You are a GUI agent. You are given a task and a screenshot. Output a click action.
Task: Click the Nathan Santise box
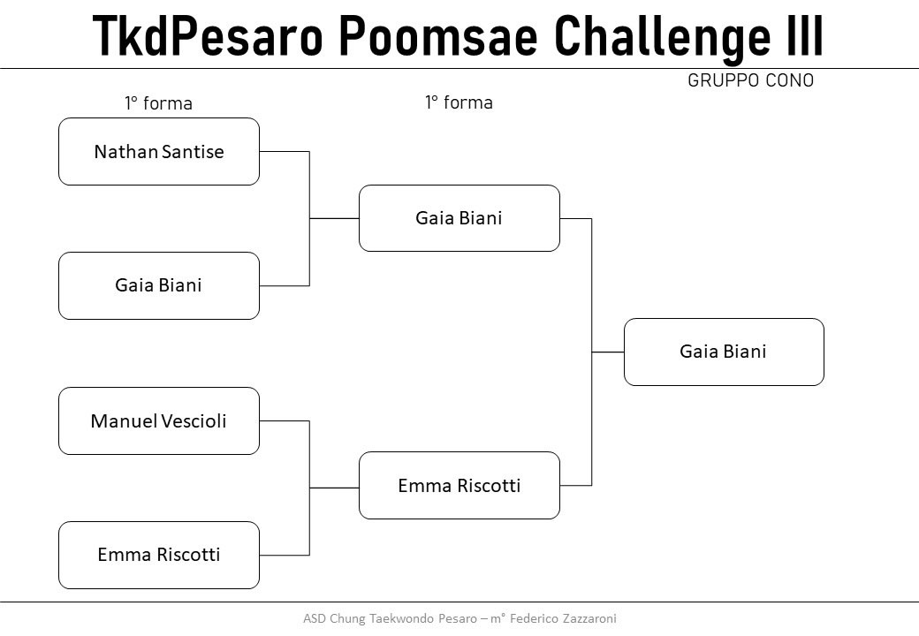click(x=159, y=152)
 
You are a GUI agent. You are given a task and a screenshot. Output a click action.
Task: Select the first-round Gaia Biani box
click(x=159, y=286)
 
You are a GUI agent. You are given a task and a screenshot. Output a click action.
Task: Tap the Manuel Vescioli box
click(x=159, y=420)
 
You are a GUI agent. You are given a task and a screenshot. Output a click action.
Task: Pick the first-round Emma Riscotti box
click(x=159, y=556)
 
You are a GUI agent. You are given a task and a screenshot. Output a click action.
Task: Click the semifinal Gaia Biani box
click(x=459, y=218)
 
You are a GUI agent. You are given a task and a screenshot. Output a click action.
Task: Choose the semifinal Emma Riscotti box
click(x=459, y=486)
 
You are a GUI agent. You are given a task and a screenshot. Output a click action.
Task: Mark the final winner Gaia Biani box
click(x=724, y=352)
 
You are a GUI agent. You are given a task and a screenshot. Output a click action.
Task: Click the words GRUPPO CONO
click(x=751, y=80)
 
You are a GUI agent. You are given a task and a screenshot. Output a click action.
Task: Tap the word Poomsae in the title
click(x=438, y=36)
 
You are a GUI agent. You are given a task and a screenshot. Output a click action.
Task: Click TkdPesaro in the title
click(x=208, y=36)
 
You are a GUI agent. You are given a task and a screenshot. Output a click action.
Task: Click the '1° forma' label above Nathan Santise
click(x=158, y=103)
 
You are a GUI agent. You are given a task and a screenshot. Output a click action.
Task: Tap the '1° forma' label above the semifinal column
click(x=459, y=102)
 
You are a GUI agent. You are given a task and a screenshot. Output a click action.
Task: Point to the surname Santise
click(x=193, y=152)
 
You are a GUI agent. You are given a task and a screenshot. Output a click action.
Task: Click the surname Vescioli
click(x=194, y=420)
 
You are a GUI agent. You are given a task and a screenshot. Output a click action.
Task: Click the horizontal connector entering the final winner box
click(x=608, y=352)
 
